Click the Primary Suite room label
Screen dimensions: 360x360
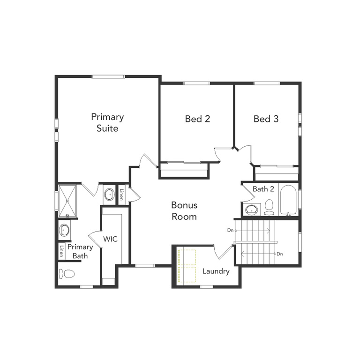click(107, 122)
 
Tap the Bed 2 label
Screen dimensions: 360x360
click(197, 119)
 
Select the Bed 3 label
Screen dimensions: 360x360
click(266, 119)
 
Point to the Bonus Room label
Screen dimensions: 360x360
click(184, 211)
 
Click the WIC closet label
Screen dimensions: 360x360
click(110, 239)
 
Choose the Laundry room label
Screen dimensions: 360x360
click(216, 271)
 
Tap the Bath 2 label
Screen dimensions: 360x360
click(263, 189)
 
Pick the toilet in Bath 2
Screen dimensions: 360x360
click(269, 207)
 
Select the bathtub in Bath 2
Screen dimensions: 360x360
click(287, 200)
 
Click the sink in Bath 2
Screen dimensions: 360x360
click(252, 210)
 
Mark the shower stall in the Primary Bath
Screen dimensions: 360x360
click(67, 200)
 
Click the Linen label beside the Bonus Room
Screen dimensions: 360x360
click(121, 194)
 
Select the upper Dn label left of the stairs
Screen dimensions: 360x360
click(230, 230)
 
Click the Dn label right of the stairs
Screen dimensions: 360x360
click(280, 254)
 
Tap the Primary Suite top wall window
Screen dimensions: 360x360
click(108, 76)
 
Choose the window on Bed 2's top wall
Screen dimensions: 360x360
click(196, 83)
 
